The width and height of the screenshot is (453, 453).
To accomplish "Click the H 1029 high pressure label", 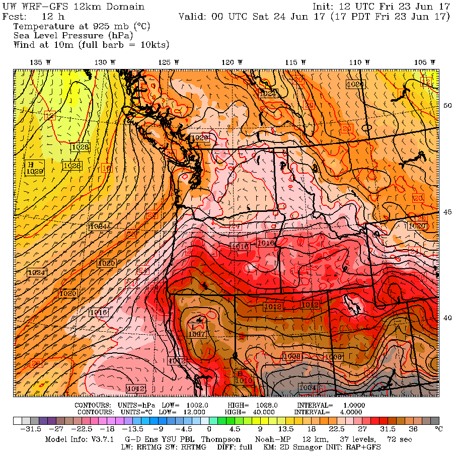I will (34, 168).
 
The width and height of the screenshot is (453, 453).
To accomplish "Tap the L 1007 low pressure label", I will (197, 330).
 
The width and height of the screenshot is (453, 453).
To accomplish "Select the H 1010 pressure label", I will (244, 377).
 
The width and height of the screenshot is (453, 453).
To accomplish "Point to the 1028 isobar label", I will (81, 147).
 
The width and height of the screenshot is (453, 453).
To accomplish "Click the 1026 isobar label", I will (72, 166).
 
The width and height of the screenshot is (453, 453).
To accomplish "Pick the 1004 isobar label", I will (307, 388).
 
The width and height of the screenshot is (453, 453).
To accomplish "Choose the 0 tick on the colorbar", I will (208, 429).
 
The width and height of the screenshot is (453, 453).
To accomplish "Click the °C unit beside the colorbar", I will (438, 429).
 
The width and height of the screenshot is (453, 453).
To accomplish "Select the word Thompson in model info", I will (219, 439).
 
